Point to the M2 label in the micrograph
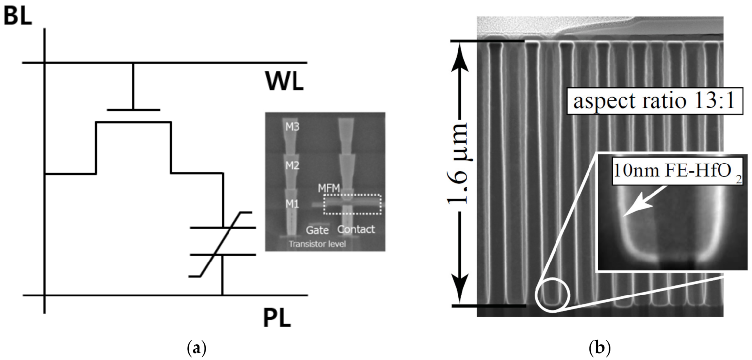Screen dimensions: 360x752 coord(293,165)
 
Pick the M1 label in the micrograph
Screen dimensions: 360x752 coord(293,203)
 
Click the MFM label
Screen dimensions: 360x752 coord(328,188)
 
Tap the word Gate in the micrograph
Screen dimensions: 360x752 coord(317,229)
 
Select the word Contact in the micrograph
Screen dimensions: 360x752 coord(356,229)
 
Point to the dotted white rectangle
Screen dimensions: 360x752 coord(352,204)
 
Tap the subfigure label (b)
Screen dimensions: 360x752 coord(599,349)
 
